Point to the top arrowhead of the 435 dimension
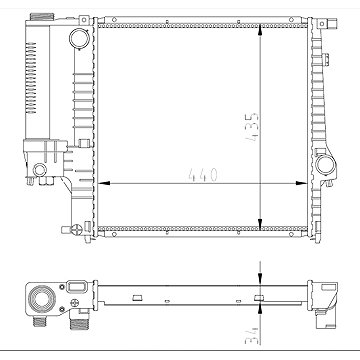[x=261, y=20]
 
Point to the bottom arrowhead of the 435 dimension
[x=261, y=228]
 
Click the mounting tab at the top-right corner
[x=322, y=19]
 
